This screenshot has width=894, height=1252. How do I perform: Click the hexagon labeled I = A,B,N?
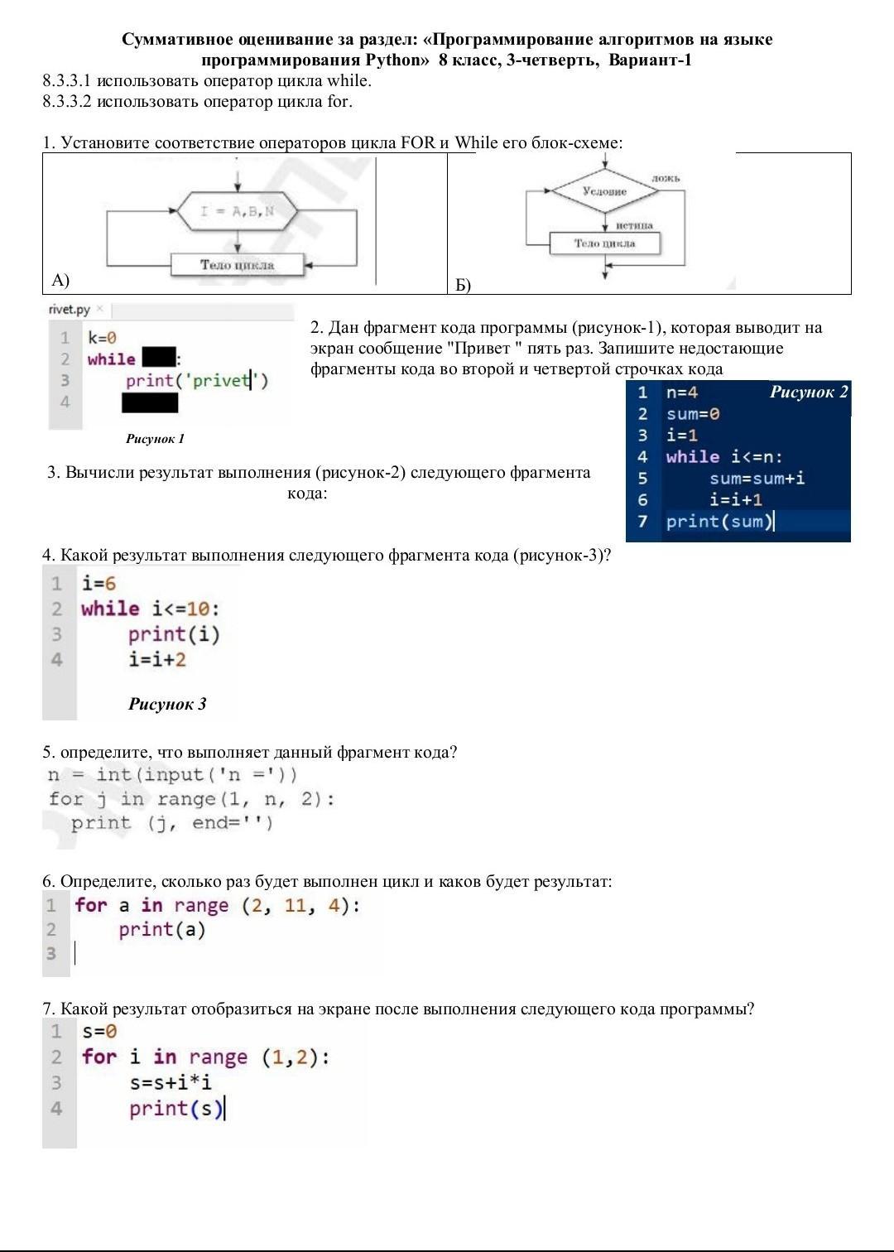(x=238, y=211)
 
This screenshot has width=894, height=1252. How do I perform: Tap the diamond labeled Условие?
(x=605, y=191)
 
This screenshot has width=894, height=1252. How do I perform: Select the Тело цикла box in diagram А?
(x=237, y=265)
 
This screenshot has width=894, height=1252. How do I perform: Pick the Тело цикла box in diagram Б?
(x=605, y=243)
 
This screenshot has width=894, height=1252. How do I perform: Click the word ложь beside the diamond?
(x=666, y=178)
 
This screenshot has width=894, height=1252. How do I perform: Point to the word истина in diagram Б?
(x=634, y=225)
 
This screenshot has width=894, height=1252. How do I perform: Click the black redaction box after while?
(x=159, y=359)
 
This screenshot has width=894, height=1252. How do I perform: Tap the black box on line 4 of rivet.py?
(x=150, y=402)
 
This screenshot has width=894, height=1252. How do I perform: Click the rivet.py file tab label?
(x=70, y=310)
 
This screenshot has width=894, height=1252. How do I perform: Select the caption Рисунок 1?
(x=155, y=438)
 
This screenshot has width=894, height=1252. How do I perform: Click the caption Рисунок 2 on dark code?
(x=809, y=392)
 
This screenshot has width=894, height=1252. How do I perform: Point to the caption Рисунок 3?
(x=167, y=704)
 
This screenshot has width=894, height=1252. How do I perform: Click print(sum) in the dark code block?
(x=719, y=521)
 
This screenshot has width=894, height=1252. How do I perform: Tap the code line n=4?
(x=682, y=392)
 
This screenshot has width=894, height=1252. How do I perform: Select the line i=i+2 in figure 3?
(x=157, y=660)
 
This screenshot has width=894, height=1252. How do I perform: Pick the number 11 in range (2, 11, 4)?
(x=295, y=905)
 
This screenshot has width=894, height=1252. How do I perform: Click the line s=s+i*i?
(x=171, y=1082)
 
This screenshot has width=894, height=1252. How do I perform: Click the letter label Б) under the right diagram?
(x=463, y=286)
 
